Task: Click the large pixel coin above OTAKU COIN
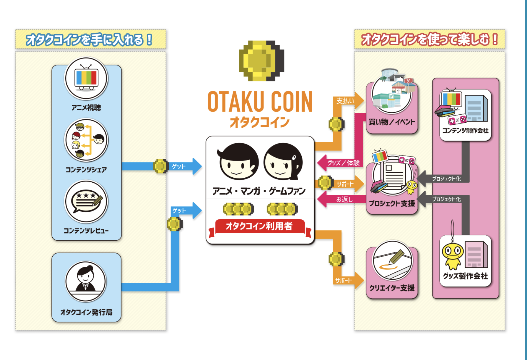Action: [x=261, y=61]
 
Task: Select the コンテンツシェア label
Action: [x=86, y=170]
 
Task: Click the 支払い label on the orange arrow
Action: [x=345, y=101]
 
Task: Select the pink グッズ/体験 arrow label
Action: [x=343, y=163]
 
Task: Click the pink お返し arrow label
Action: [x=344, y=199]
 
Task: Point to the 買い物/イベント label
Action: [x=392, y=122]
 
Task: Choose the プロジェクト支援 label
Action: [x=392, y=203]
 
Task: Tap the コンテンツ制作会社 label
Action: [x=465, y=130]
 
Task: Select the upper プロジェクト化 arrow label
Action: [x=446, y=179]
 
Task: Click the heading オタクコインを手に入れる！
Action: [x=89, y=40]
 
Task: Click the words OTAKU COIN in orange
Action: [x=260, y=102]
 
